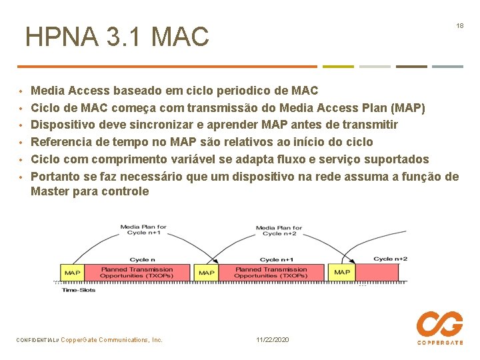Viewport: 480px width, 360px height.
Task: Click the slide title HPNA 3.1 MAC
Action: [x=117, y=37]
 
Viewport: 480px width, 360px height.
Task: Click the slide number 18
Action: [x=459, y=25]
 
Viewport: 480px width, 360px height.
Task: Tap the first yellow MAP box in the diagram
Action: [x=72, y=273]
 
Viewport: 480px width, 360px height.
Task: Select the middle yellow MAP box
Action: [x=207, y=273]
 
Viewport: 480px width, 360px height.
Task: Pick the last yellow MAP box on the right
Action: [x=342, y=273]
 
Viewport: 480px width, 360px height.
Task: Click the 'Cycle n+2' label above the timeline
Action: [x=390, y=259]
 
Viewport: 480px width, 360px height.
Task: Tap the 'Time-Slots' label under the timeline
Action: [x=79, y=290]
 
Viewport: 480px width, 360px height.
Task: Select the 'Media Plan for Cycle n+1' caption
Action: [x=143, y=230]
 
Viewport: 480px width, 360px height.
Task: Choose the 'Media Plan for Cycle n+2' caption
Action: [x=279, y=231]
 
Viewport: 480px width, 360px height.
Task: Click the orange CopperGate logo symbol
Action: [x=439, y=325]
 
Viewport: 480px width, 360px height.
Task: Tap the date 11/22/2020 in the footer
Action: [x=273, y=340]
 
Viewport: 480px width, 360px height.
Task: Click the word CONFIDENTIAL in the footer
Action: [x=37, y=340]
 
